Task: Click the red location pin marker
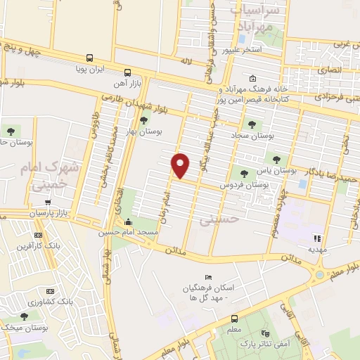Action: pyautogui.click(x=181, y=165)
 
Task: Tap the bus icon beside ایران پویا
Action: pyautogui.click(x=89, y=58)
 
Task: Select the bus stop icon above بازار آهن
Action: pyautogui.click(x=127, y=72)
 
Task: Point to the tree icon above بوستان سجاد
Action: pyautogui.click(x=252, y=124)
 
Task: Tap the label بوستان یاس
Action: pyautogui.click(x=271, y=170)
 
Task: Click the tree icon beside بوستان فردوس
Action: pyautogui.click(x=244, y=173)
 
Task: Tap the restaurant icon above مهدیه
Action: pyautogui.click(x=316, y=238)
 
